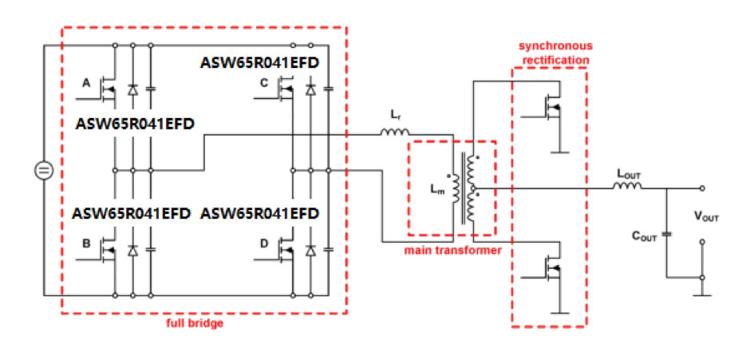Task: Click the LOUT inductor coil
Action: point(627,187)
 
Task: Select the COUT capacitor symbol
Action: point(667,234)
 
